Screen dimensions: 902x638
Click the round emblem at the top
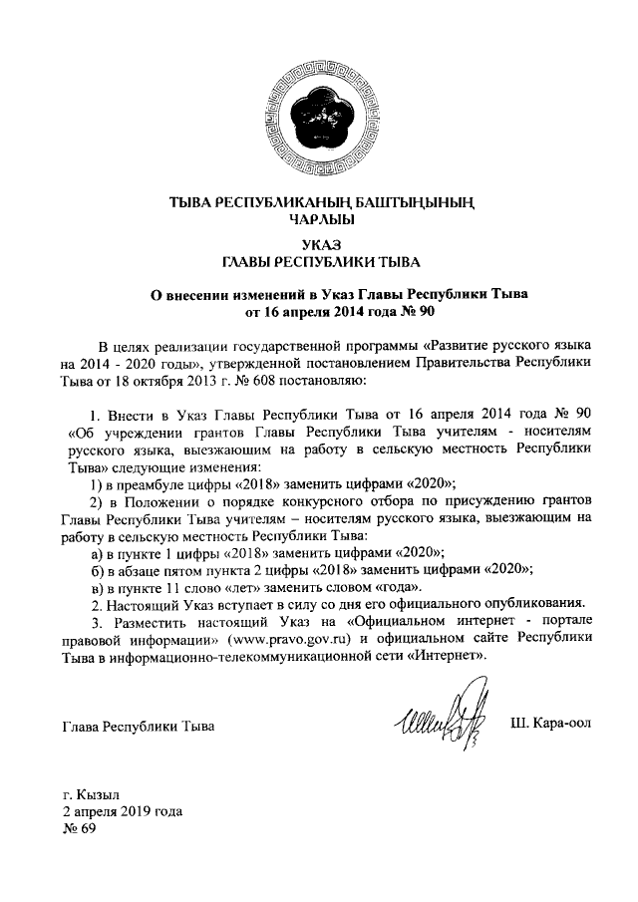coord(318,117)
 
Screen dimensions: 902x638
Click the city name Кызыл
coord(98,795)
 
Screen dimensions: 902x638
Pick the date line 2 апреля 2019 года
coord(122,813)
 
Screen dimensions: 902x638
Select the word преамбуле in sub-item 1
coord(140,478)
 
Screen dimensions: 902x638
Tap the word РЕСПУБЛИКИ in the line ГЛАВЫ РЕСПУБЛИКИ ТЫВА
coord(326,262)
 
